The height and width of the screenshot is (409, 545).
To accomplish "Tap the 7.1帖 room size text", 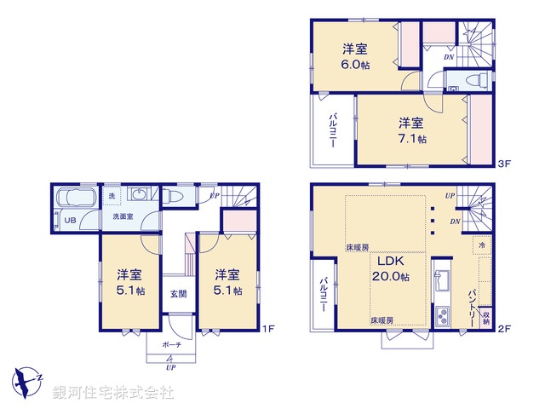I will (x=411, y=138).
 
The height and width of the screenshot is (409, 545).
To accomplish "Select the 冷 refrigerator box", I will (x=482, y=244).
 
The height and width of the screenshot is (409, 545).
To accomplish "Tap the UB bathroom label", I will (x=72, y=220).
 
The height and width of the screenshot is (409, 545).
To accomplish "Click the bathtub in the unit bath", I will (x=75, y=201).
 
